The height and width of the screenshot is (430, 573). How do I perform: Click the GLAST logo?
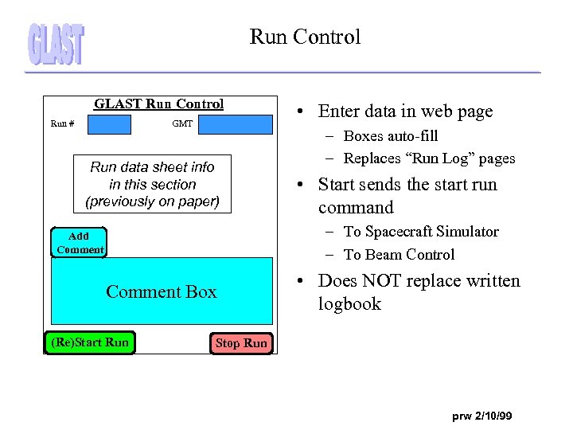[56, 44]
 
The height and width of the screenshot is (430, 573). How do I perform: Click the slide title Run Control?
[305, 37]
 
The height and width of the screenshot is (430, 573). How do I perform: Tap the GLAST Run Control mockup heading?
[159, 104]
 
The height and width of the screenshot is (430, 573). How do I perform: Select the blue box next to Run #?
[109, 124]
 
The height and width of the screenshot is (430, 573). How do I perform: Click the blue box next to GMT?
[235, 124]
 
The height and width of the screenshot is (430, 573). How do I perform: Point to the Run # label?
[63, 124]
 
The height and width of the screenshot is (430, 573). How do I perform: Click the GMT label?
[182, 124]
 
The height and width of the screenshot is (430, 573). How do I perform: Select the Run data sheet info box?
[152, 184]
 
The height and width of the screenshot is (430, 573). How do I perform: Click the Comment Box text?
[161, 291]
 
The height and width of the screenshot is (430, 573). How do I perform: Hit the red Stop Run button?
[242, 343]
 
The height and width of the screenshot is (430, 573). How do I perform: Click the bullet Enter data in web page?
[405, 111]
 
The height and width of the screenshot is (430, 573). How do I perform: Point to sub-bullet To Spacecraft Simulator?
[421, 232]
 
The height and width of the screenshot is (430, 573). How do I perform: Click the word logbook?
[349, 304]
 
